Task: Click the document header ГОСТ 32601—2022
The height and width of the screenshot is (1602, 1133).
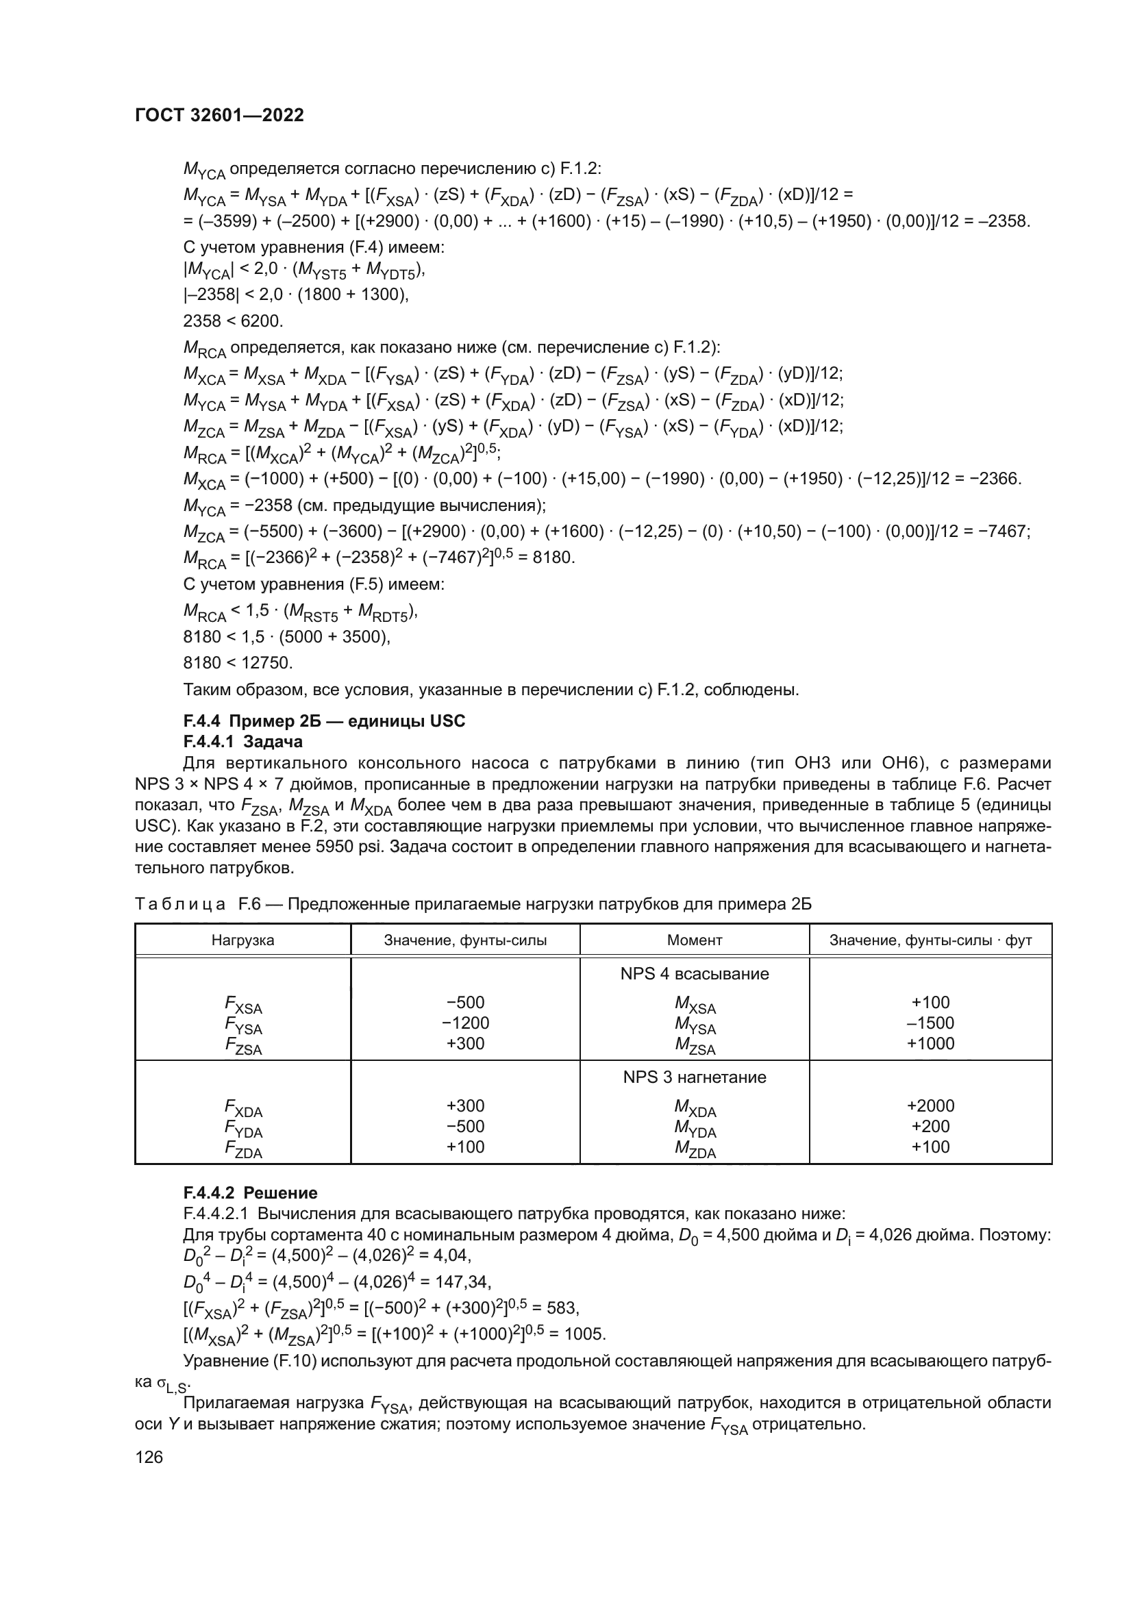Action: click(x=219, y=115)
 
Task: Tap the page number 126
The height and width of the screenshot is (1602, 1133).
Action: click(x=149, y=1457)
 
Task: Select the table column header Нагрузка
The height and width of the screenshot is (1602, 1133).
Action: click(x=242, y=940)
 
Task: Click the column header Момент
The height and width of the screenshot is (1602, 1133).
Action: click(x=694, y=940)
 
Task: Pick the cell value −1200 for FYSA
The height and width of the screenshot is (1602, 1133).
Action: click(x=465, y=1023)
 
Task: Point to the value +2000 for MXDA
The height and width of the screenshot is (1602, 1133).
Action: click(x=930, y=1105)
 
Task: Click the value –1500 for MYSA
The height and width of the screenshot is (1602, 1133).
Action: click(x=930, y=1023)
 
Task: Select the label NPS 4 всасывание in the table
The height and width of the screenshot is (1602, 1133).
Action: click(x=694, y=973)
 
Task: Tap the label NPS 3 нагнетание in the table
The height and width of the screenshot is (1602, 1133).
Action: click(x=694, y=1077)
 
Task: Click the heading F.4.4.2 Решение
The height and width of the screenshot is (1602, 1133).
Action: click(x=250, y=1192)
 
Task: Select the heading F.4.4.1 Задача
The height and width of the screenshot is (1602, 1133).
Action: click(x=242, y=741)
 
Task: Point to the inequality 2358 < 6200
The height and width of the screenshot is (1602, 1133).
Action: click(x=233, y=321)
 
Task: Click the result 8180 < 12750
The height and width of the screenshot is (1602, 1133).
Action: click(x=237, y=662)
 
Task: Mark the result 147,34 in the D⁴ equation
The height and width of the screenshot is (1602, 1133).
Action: click(x=463, y=1281)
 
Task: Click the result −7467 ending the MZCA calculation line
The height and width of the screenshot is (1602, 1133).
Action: click(x=1006, y=531)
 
